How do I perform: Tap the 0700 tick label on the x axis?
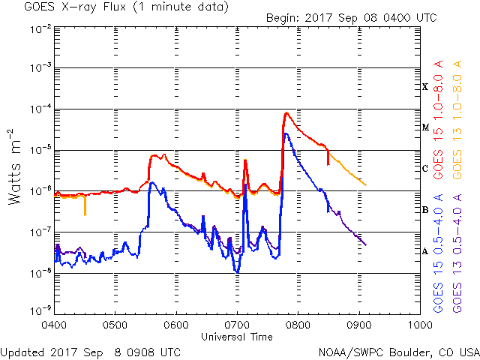237,326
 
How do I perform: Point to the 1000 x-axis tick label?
420,326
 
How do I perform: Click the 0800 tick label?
298,326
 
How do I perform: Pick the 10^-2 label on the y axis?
40,29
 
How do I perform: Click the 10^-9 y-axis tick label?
40,310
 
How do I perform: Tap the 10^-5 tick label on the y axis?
40,149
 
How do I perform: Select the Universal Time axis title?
237,337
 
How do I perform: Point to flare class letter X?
425,87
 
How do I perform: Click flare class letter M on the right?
425,127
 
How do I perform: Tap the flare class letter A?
425,251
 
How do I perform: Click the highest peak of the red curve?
286,113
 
